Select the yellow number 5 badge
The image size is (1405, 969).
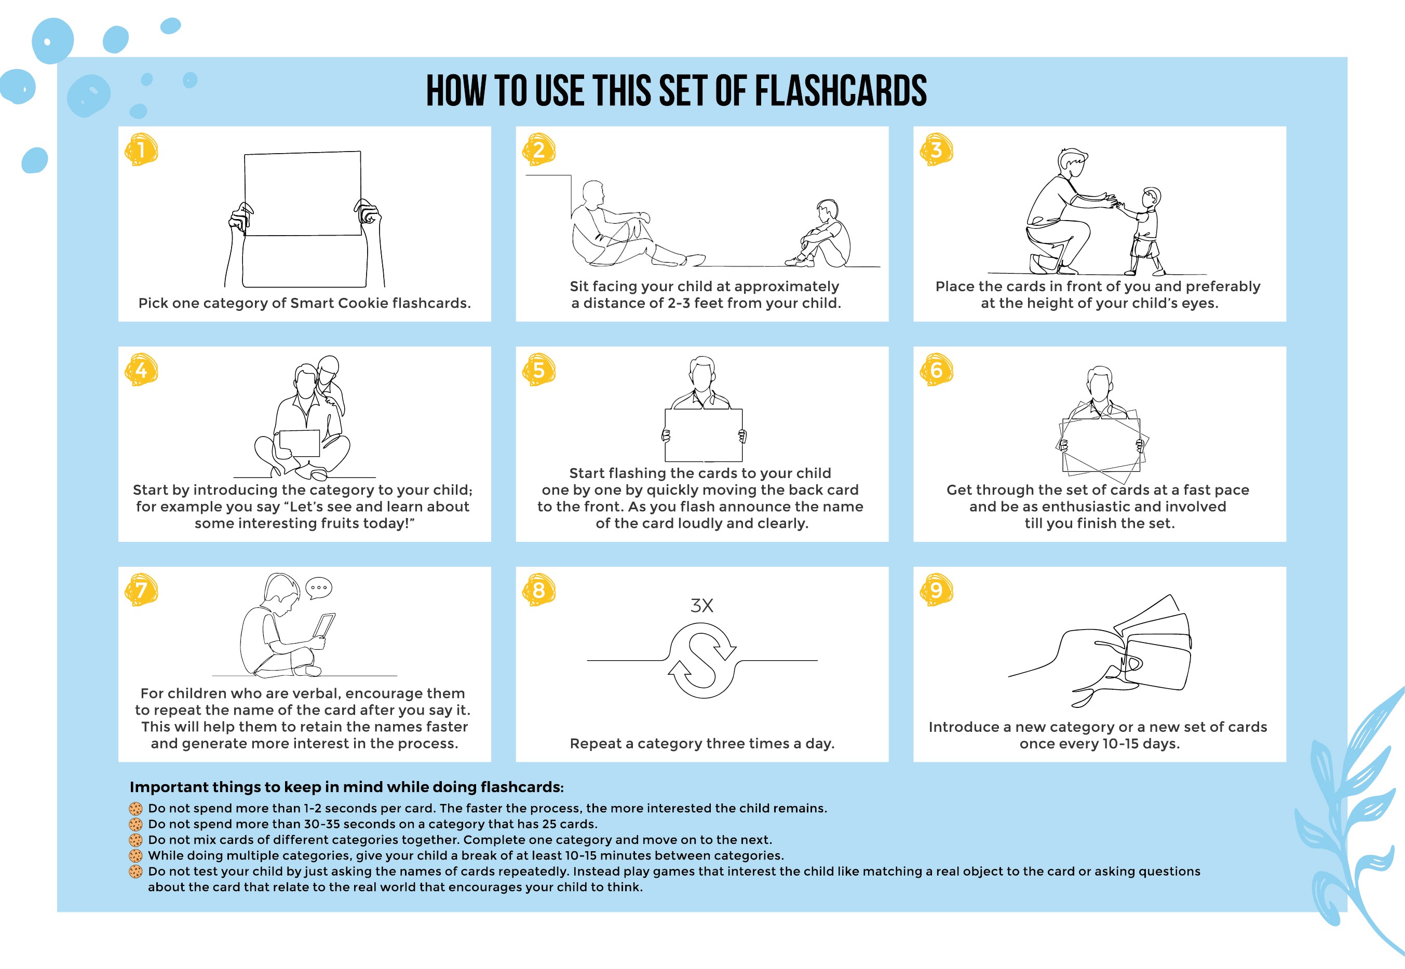pos(539,370)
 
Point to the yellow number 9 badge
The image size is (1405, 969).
pos(936,590)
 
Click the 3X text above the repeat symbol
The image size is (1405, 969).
pos(701,605)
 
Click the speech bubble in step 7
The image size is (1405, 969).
pos(319,588)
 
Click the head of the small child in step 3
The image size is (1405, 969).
pos(1151,197)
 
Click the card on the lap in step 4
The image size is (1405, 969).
pos(300,443)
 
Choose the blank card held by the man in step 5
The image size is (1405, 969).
pos(704,435)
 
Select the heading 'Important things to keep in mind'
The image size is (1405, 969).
pos(347,787)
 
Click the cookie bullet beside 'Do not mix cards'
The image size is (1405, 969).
pos(136,840)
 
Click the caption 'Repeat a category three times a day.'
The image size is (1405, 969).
pos(702,744)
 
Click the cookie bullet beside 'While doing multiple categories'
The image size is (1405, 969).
pos(136,856)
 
